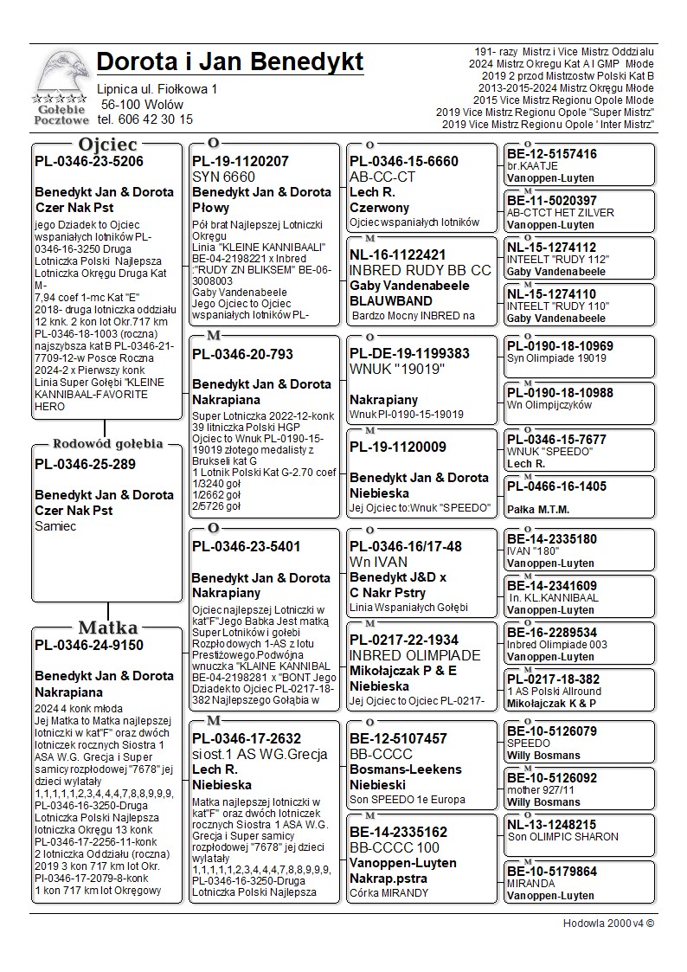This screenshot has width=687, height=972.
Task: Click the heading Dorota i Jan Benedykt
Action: pos(230,63)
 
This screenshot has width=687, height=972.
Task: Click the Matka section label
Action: pos(106,628)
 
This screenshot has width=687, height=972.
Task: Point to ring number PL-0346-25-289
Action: pos(85,464)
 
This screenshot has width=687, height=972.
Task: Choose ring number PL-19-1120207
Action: pos(241,161)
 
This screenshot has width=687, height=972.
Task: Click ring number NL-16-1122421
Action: pos(398,254)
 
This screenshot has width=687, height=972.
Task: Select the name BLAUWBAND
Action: pos(391,300)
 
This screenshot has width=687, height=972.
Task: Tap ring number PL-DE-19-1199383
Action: pos(409,354)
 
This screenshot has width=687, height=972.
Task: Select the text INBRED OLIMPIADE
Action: pos(415,655)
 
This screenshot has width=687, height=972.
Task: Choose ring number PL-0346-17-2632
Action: pos(247,738)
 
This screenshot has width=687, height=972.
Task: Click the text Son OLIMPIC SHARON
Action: pos(563,837)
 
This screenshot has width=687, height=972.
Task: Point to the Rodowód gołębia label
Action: pos(107,444)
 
